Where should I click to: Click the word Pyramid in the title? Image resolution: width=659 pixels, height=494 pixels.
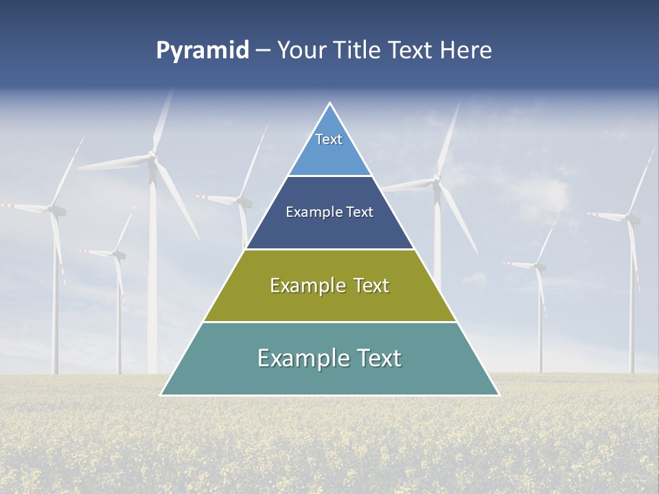203,51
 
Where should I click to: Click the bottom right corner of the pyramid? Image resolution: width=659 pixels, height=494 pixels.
498,395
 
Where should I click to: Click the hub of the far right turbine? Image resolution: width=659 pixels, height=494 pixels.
631,218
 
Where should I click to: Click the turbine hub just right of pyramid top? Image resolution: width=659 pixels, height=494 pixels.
437,181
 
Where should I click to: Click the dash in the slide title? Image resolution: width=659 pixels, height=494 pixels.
263,51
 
